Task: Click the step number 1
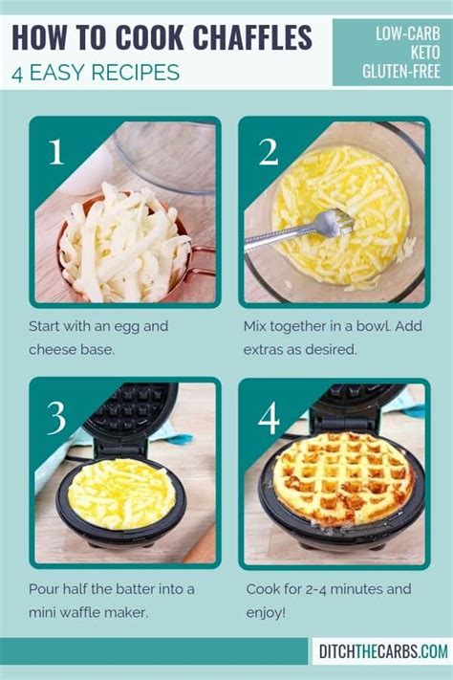point(55,152)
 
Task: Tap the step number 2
point(268,152)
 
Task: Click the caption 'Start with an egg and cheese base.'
point(99,338)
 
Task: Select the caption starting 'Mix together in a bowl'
point(325,338)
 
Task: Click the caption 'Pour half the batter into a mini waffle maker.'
point(113,600)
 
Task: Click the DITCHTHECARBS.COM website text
point(382,651)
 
